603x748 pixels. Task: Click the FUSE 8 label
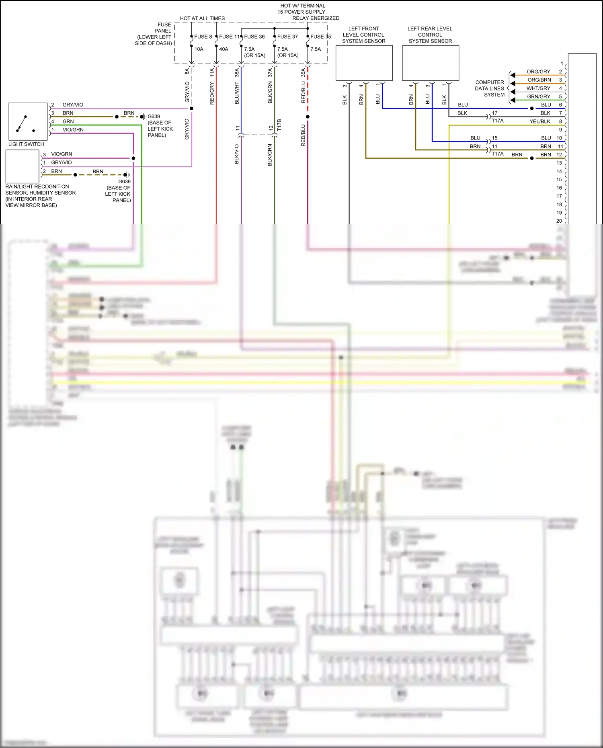pos(203,37)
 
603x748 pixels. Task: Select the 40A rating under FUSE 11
pos(224,49)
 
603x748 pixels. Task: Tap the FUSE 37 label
pos(287,37)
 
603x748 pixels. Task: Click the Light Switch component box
pos(28,121)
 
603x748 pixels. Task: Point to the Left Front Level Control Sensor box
pos(364,63)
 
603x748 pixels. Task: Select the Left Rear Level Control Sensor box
pos(430,63)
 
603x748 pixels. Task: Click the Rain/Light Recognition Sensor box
pos(23,166)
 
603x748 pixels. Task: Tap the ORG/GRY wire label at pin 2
pos(538,72)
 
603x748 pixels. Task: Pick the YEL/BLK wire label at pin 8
pos(540,121)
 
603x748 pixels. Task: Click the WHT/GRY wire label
pos(538,88)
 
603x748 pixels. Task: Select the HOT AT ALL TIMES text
pos(202,18)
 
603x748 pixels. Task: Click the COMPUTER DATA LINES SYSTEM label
pos(490,88)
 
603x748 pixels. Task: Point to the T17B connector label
pos(279,125)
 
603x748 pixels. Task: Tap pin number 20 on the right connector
pos(559,221)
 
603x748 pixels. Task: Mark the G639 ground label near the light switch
pos(154,117)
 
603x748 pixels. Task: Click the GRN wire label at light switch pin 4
pos(68,121)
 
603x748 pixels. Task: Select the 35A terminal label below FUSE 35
pos(303,72)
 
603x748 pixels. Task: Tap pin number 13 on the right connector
pos(559,163)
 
